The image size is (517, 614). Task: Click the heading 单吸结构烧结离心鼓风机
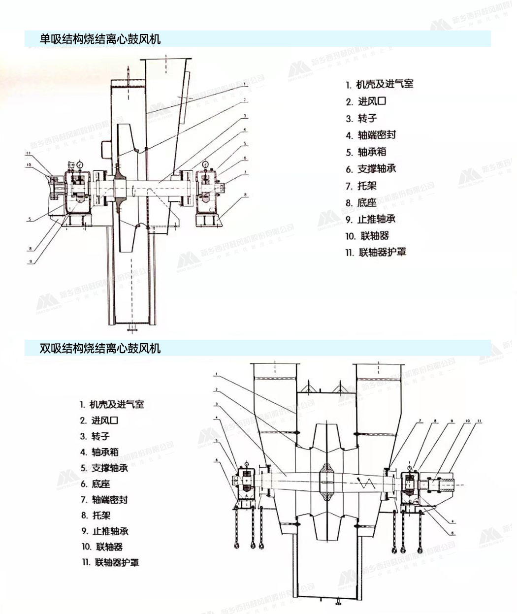pyautogui.click(x=100, y=39)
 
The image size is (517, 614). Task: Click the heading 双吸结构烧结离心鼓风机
pyautogui.click(x=100, y=348)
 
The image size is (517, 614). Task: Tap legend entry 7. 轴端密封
pyautogui.click(x=104, y=499)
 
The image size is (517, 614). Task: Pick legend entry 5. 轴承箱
pyautogui.click(x=366, y=152)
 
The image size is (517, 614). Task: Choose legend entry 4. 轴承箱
pyautogui.click(x=99, y=452)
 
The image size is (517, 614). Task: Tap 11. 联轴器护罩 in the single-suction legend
pyautogui.click(x=376, y=252)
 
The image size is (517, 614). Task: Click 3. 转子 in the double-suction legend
pyautogui.click(x=95, y=436)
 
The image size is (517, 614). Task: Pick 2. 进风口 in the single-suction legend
pyautogui.click(x=366, y=101)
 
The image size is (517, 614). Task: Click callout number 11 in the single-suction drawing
pyautogui.click(x=29, y=154)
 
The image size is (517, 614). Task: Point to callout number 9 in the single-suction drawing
pyautogui.click(x=31, y=261)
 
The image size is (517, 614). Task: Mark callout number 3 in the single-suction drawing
pyautogui.click(x=245, y=116)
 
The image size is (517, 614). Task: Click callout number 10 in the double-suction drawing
pyautogui.click(x=467, y=421)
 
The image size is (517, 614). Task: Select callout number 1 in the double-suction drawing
pyautogui.click(x=216, y=375)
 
